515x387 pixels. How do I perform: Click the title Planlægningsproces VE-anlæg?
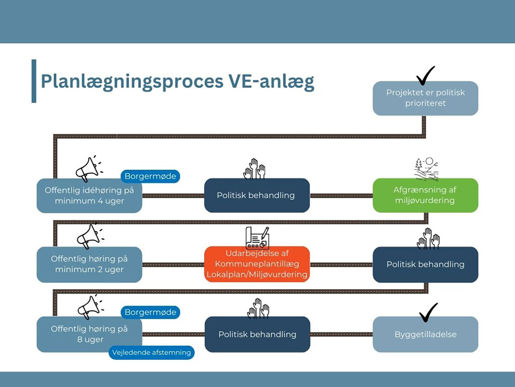coord(177,82)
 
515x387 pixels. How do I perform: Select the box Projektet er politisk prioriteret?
coord(425,98)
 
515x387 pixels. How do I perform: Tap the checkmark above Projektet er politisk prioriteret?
coord(425,75)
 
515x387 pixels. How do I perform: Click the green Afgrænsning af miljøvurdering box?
coord(425,195)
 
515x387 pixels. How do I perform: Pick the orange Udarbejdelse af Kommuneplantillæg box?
coord(257,264)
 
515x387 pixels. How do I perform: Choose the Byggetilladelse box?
coord(425,334)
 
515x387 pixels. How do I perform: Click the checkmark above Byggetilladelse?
coord(428,312)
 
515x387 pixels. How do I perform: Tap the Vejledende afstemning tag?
coord(151,353)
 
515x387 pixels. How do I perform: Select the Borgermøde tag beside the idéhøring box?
coord(150,176)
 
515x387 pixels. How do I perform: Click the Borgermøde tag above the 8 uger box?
coord(150,312)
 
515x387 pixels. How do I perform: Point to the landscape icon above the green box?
coord(426,169)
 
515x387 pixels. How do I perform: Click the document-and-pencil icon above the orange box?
coord(257,238)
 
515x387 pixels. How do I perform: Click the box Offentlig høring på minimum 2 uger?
coord(89,264)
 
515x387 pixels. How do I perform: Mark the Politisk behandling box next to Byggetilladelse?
coord(257,334)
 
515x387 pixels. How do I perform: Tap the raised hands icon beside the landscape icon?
coord(254,169)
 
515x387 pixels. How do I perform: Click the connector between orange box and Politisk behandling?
coord(341,265)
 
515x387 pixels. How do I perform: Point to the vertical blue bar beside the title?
coord(34,81)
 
